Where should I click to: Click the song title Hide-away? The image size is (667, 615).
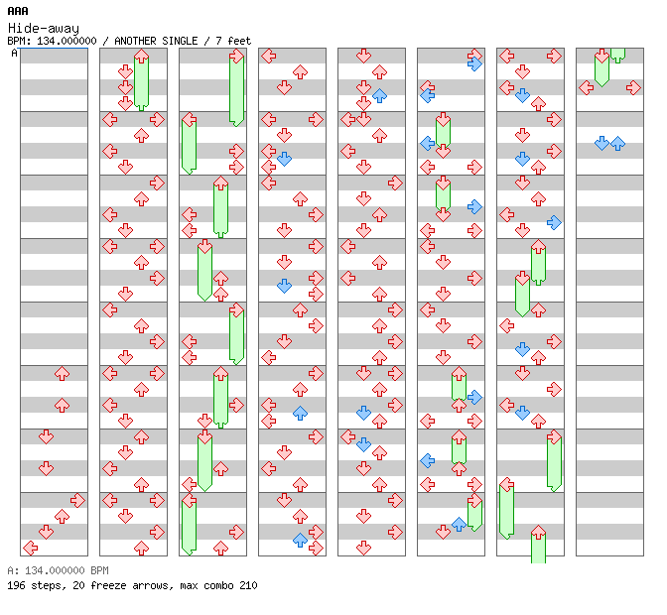[44, 29]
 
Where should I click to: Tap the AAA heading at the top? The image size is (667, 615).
[18, 11]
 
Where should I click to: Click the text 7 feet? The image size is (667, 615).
[233, 41]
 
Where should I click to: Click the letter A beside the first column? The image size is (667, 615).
[15, 54]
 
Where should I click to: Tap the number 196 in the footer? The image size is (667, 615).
[16, 585]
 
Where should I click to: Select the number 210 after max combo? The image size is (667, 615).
[248, 585]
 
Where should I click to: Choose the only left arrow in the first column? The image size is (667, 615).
[30, 549]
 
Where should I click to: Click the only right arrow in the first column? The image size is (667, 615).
[77, 501]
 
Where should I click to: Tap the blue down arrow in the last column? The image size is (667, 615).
[601, 143]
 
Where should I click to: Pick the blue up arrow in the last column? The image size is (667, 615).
[617, 143]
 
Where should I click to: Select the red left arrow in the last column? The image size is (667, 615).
[587, 88]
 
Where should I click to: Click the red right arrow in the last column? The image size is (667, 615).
[633, 88]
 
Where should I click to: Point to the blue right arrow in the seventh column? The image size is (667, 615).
[554, 222]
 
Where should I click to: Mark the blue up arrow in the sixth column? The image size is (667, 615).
[459, 524]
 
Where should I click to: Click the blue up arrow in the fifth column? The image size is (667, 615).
[379, 95]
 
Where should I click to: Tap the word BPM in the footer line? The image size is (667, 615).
[100, 570]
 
